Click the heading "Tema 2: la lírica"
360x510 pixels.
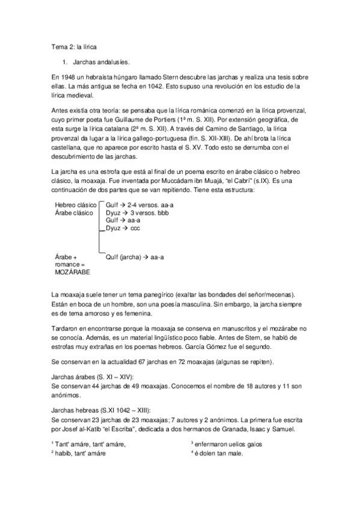pyautogui.click(x=74, y=46)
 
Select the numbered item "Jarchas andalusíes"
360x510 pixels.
pyautogui.click(x=100, y=62)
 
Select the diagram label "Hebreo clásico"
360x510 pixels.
pyautogui.click(x=75, y=205)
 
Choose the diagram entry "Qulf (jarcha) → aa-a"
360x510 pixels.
pyautogui.click(x=135, y=257)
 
